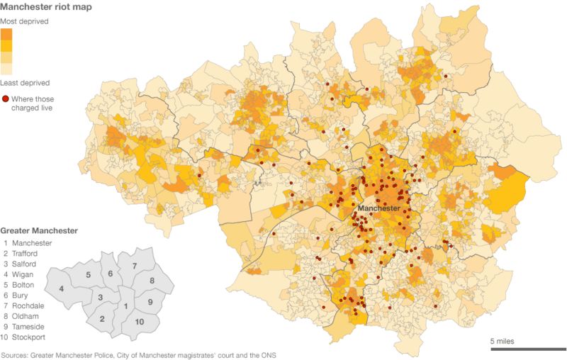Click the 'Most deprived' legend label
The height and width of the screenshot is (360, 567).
(x=24, y=22)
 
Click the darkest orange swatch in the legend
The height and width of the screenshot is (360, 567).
(x=6, y=34)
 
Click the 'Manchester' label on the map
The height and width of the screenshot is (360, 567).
(x=379, y=208)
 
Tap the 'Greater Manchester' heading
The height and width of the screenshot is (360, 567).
(x=39, y=231)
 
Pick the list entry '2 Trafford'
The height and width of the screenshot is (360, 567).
(x=23, y=253)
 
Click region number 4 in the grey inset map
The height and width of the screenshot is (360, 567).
(x=62, y=288)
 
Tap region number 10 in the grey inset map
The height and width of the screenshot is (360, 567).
(x=140, y=322)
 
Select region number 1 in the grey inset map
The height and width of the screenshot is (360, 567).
(x=125, y=306)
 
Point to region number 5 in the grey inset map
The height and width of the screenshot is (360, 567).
(x=88, y=274)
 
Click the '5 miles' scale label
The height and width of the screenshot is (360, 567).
(x=503, y=341)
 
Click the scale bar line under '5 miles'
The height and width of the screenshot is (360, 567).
(x=528, y=349)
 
